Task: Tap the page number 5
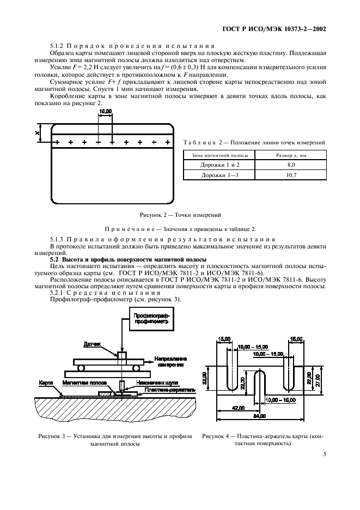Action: coord(324,453)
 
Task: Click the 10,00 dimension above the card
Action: coord(105,111)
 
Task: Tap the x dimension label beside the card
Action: coord(37,132)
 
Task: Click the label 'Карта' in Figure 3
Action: coord(45,382)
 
